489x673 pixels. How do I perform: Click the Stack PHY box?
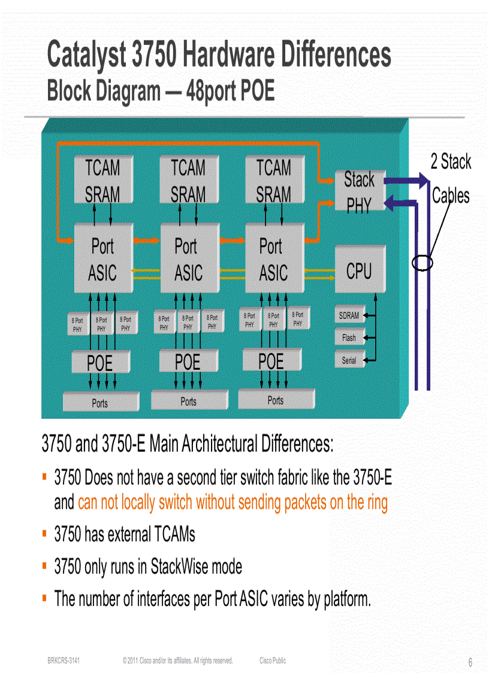pos(359,191)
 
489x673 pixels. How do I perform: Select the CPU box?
pos(359,271)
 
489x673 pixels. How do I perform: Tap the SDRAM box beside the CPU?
pos(349,315)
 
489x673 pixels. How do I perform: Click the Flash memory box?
pos(349,338)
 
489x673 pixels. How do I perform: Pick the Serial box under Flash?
pos(349,361)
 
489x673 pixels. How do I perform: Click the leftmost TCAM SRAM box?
pos(102,180)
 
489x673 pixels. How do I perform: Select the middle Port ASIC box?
pos(188,259)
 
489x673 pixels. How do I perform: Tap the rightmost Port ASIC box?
pos(273,259)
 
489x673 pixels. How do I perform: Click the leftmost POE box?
pos(99,363)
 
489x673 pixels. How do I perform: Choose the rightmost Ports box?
pos(276,400)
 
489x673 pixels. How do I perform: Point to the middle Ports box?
pos(188,401)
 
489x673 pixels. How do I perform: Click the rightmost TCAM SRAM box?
pos(273,180)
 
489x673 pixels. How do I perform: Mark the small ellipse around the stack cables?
pos(422,262)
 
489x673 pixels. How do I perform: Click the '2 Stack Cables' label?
pos(451,178)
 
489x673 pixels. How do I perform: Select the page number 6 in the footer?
pos(470,662)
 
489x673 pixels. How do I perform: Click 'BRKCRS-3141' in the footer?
pos(64,660)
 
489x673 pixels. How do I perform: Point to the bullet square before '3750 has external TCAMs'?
pos(45,532)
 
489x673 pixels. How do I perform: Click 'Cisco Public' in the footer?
pos(273,660)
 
